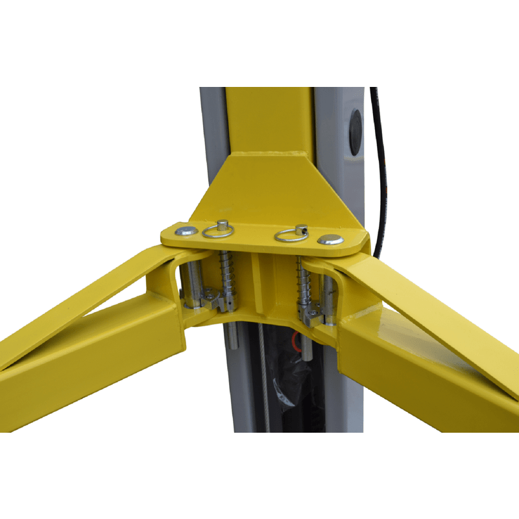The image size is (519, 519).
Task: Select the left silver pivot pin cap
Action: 187,230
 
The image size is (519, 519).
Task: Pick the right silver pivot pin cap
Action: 331,239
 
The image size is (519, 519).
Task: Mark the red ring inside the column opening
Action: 298,338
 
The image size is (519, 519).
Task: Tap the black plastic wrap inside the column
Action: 285,383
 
